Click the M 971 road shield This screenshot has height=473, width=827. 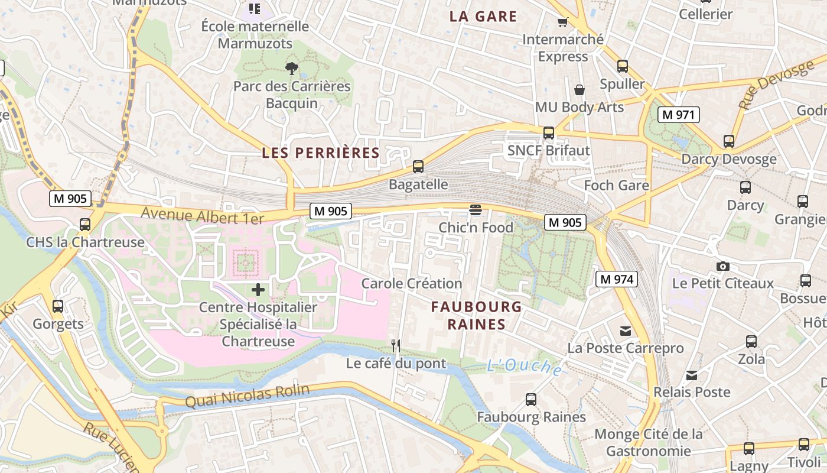pos(678,115)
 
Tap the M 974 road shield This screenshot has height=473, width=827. pos(616,279)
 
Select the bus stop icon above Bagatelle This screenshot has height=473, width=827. pos(418,167)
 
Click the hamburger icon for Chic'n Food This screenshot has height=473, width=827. pos(476,209)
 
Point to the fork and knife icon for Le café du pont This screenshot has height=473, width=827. pos(396,346)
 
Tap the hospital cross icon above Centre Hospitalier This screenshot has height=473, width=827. pos(258,290)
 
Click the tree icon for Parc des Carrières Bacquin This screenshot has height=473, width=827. pos(291,69)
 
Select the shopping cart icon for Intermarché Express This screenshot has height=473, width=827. pos(562,22)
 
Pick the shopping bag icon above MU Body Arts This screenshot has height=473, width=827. pos(579,90)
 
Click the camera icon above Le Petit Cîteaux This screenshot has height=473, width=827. pos(722,266)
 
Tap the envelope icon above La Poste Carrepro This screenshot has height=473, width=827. pos(626,331)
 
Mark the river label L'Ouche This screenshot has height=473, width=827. pos(525,367)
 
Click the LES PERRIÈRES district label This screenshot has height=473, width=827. pos(321,153)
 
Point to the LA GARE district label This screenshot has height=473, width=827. pos(483,17)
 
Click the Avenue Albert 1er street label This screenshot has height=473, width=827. pos(202,215)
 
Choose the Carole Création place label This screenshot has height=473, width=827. pos(412,283)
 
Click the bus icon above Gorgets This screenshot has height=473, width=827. pos(58,306)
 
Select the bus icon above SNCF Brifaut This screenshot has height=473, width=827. pos(549,133)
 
